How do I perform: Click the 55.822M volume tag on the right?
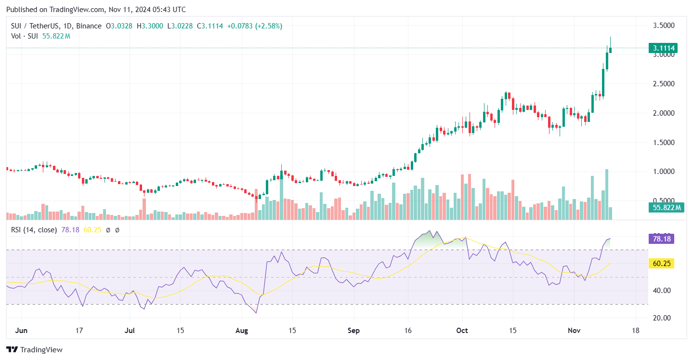pyautogui.click(x=665, y=208)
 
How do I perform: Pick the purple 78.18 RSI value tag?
pyautogui.click(x=661, y=239)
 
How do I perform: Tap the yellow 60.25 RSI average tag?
pyautogui.click(x=661, y=264)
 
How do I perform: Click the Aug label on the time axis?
pyautogui.click(x=242, y=331)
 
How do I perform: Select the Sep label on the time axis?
pyautogui.click(x=354, y=331)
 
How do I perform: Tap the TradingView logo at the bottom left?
pyautogui.click(x=34, y=349)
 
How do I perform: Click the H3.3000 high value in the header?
pyautogui.click(x=150, y=26)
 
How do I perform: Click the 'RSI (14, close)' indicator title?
pyautogui.click(x=34, y=230)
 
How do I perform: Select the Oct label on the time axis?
pyautogui.click(x=462, y=331)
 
